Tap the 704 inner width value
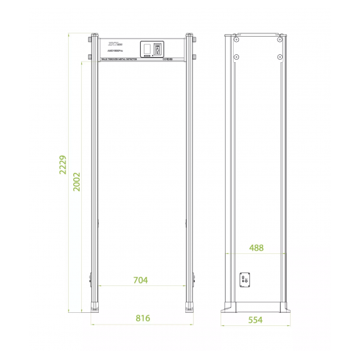140,280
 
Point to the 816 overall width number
143,318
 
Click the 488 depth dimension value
257,247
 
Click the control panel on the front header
153,50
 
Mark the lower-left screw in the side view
236,55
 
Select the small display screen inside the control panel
149,50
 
